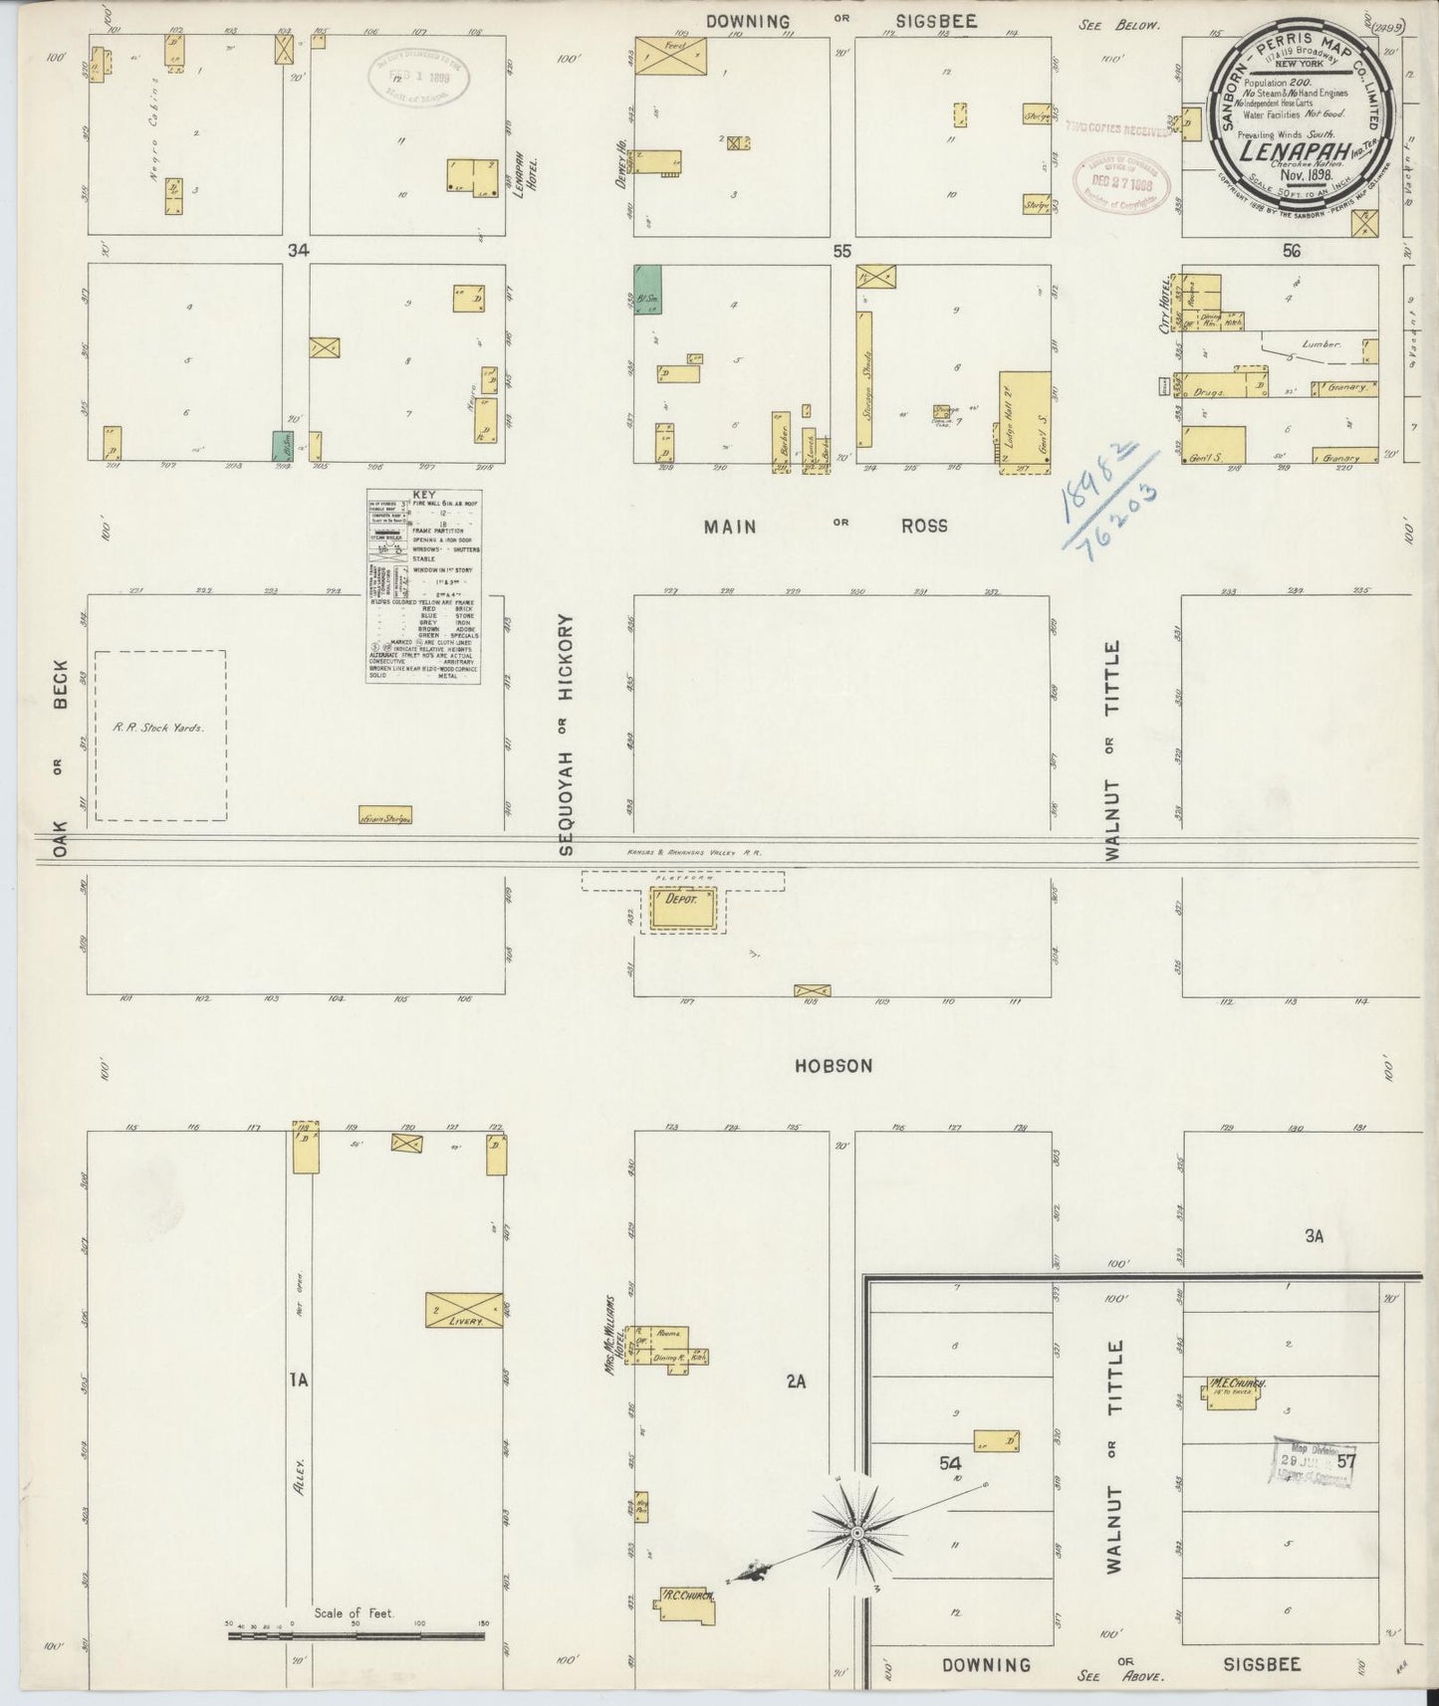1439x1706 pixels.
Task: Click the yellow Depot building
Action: [683, 909]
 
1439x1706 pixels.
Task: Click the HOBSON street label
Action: [834, 1066]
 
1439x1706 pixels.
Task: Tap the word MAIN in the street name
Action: [730, 527]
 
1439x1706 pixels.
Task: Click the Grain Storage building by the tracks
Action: [384, 816]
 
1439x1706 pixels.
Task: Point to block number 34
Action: [298, 251]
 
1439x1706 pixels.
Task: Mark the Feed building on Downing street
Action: [670, 56]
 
